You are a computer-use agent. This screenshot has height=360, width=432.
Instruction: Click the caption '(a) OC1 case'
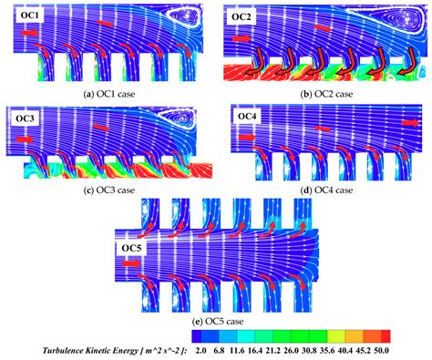107,89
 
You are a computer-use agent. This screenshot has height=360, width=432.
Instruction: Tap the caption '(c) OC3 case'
107,190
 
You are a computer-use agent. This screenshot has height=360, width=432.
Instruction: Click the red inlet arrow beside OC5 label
133,262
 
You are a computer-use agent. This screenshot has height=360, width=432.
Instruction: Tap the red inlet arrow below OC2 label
241,39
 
